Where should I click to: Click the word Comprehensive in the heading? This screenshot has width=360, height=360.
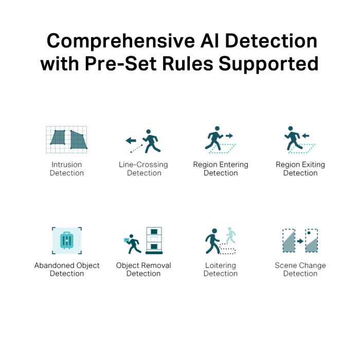pos(121,41)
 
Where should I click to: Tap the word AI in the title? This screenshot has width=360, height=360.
pos(209,41)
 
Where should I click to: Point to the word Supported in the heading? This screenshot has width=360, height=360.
pos(268,64)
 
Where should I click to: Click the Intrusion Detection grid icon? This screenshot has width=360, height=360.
pos(66,139)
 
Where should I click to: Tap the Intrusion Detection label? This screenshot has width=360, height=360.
pos(66,169)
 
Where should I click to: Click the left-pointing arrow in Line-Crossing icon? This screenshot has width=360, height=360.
pos(131,140)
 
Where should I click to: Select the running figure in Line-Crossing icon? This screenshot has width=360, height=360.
pos(151,141)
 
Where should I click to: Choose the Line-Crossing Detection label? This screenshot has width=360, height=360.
pos(143,169)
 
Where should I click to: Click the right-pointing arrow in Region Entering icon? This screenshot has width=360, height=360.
pos(229,136)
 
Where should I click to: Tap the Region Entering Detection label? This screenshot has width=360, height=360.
pos(221,169)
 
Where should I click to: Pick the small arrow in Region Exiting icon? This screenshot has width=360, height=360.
pos(305,136)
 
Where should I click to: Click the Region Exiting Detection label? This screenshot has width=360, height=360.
pos(300,169)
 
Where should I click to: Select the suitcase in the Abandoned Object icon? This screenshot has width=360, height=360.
pos(66,241)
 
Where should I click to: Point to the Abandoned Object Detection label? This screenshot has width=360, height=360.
pos(67,269)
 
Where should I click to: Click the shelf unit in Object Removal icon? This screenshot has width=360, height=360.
pos(154,240)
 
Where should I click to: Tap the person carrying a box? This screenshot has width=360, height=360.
pos(133,244)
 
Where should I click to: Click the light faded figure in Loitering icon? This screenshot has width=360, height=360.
pos(231,236)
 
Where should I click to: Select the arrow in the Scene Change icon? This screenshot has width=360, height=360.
pos(300,241)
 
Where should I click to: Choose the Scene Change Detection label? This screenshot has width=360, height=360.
pos(300,269)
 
